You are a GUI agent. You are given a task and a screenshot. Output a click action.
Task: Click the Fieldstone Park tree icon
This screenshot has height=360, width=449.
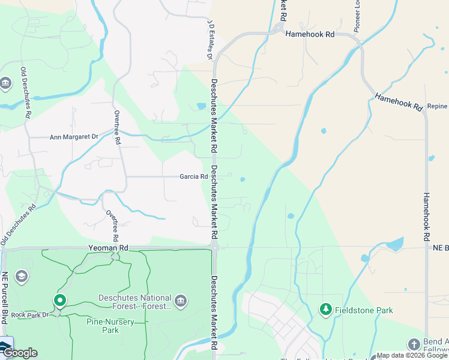326,310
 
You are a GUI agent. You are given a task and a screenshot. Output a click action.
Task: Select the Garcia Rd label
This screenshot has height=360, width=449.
194,176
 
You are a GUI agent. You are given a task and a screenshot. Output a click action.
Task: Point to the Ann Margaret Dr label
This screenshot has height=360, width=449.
74,137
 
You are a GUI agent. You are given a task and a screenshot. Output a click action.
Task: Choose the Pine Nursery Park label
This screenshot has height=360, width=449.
111,326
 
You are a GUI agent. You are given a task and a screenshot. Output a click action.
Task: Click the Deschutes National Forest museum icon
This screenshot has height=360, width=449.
180,300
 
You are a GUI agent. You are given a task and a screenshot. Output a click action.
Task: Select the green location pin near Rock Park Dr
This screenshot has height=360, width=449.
59,300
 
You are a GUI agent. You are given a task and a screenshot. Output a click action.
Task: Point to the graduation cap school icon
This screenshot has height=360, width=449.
22,276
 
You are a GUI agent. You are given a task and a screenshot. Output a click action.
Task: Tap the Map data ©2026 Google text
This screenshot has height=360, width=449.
412,356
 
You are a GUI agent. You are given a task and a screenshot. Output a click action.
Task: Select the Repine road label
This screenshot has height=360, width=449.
438,106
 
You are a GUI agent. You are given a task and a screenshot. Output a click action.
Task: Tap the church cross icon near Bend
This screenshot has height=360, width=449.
414,344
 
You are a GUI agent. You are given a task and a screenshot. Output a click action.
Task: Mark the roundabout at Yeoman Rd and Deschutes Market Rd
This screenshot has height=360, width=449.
214,247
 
